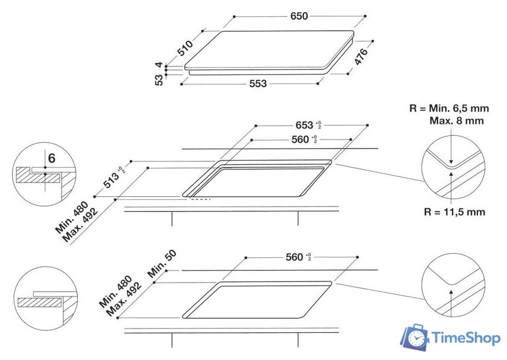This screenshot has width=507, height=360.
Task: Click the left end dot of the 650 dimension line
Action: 234,16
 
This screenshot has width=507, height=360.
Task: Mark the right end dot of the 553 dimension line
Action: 318,83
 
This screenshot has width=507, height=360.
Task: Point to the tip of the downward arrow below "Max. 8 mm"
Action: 451,164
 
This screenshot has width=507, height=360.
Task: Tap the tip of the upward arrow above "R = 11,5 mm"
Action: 451,172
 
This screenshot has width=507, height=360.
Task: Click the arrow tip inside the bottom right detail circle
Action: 451,290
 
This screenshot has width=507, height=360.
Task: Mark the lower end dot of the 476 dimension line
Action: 348,74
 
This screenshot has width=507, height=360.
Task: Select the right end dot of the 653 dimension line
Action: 368,125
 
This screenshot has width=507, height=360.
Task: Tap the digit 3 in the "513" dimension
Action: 115,178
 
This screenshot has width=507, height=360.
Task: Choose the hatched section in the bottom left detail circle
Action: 39,303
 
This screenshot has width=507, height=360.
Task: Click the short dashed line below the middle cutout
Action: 200,199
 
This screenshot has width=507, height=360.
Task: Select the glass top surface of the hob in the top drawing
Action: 269,49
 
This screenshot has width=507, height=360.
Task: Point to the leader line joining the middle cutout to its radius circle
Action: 380,173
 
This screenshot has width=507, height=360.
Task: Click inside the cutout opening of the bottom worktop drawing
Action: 257,300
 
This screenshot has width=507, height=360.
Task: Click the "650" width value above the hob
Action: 299,16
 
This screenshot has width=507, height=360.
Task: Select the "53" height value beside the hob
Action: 159,80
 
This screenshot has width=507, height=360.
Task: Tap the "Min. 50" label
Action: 162,263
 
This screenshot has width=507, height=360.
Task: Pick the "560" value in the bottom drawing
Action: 295,257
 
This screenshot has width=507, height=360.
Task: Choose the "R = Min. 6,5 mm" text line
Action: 449,108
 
